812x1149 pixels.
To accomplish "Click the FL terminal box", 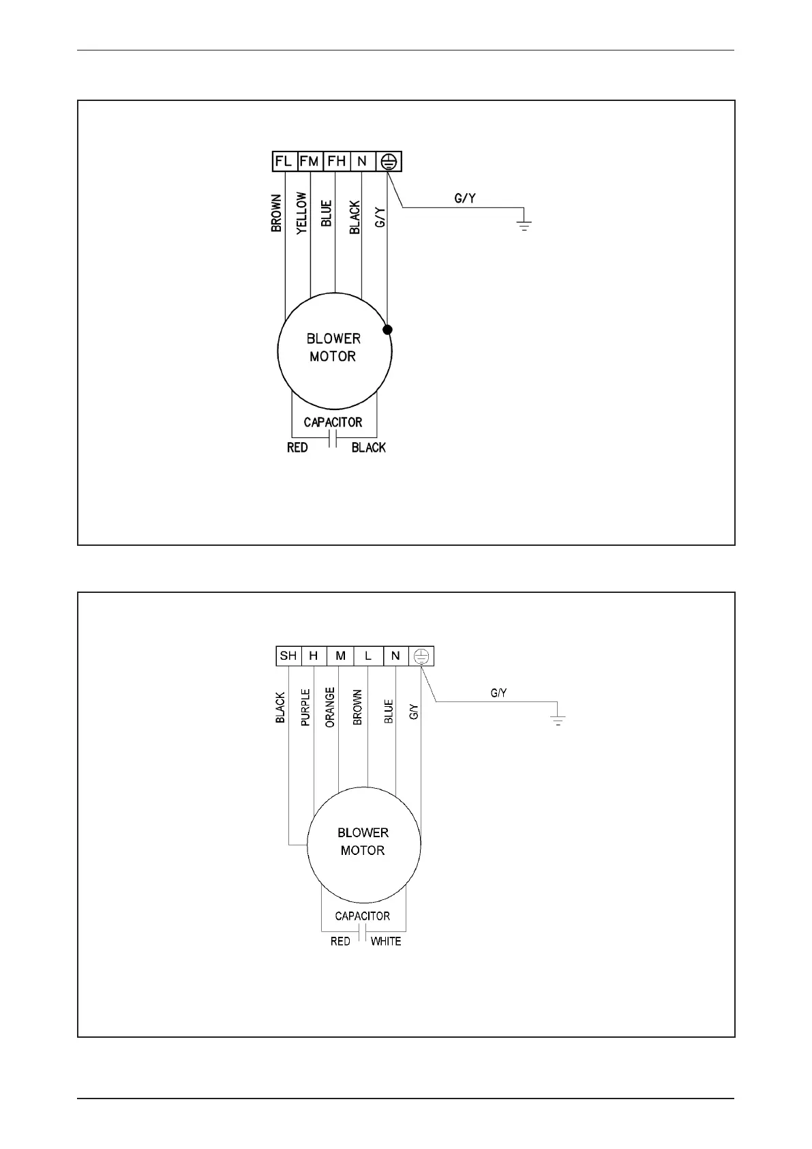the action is [284, 162].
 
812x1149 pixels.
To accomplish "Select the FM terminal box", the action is [310, 162].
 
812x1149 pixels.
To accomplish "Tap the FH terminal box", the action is [336, 162].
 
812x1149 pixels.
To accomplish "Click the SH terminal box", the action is [288, 656].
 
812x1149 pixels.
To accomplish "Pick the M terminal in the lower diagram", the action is [341, 656].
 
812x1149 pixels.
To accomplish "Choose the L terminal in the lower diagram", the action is [368, 656].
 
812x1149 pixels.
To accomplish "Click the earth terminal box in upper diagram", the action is [389, 162].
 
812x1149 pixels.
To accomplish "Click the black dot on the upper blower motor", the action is [387, 330].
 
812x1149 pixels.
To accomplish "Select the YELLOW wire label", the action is [302, 213].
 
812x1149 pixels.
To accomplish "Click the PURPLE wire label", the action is [305, 707].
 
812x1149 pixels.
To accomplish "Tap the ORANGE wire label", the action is [330, 707].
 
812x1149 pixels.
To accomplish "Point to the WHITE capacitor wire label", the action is [385, 942].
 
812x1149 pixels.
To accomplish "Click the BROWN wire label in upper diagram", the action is [276, 213].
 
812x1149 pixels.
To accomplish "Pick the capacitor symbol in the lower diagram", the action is [363, 933].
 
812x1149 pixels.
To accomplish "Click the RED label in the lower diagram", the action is [340, 942].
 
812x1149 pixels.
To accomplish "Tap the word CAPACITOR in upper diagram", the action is [333, 422].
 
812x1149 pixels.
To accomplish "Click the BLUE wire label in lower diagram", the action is [389, 712].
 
